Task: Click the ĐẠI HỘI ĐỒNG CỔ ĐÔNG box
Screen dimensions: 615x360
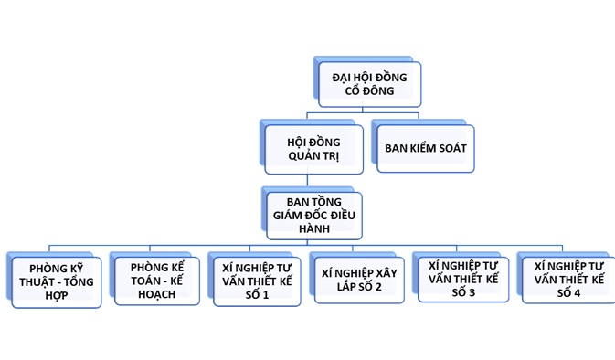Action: (370, 84)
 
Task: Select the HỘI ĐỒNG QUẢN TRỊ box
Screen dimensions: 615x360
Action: (313, 150)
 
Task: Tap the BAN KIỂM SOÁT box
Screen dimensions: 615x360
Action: (426, 148)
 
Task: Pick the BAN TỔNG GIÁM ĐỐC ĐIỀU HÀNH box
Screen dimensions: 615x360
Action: (314, 216)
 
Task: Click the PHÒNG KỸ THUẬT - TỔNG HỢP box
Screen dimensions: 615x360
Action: (57, 282)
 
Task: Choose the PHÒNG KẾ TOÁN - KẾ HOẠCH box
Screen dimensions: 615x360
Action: (157, 281)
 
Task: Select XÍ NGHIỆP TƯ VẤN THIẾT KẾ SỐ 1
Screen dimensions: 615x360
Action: (257, 281)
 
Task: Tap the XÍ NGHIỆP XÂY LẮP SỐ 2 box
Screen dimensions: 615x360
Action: (359, 280)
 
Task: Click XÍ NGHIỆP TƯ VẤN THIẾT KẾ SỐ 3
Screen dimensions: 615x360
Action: (463, 280)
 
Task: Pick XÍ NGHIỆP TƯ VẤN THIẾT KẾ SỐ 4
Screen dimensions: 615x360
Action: (568, 280)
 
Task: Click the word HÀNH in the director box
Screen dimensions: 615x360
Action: (314, 228)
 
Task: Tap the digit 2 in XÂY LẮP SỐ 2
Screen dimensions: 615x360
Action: (377, 287)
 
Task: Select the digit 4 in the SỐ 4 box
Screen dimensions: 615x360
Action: (577, 293)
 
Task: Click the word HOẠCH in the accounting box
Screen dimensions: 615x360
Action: (157, 294)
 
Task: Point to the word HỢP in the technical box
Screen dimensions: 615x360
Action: (57, 296)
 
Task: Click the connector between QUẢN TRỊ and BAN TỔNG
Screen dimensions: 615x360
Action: (307, 181)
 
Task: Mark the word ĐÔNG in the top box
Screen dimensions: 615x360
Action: (378, 91)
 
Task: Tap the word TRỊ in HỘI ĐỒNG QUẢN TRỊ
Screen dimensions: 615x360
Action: (331, 156)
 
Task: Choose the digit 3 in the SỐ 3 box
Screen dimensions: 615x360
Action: (471, 292)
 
